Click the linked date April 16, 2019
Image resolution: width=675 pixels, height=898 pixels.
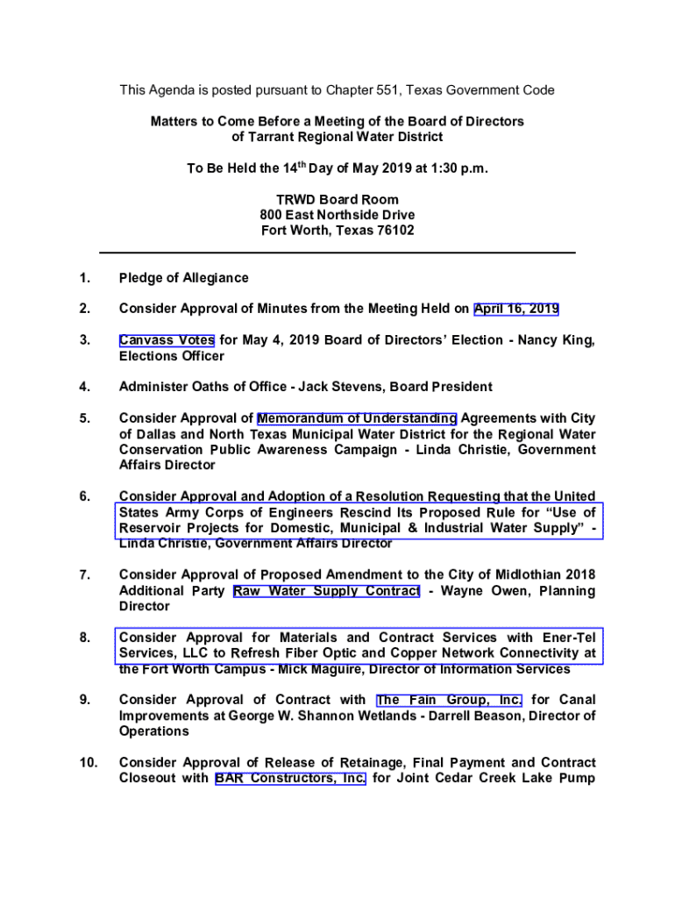(x=516, y=309)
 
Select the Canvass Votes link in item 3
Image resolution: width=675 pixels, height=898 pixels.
(x=167, y=340)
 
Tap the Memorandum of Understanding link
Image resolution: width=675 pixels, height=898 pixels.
(x=357, y=418)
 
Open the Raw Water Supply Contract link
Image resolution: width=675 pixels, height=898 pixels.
(x=327, y=591)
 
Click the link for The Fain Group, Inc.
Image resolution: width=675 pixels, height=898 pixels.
(x=450, y=700)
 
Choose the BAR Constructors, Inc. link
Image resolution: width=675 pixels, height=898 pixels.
(x=290, y=778)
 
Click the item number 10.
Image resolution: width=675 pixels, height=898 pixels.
(x=88, y=763)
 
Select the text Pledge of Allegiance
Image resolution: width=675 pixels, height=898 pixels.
(x=184, y=278)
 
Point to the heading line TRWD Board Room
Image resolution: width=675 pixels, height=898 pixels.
(x=337, y=199)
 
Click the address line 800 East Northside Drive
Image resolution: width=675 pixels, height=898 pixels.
(x=337, y=215)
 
